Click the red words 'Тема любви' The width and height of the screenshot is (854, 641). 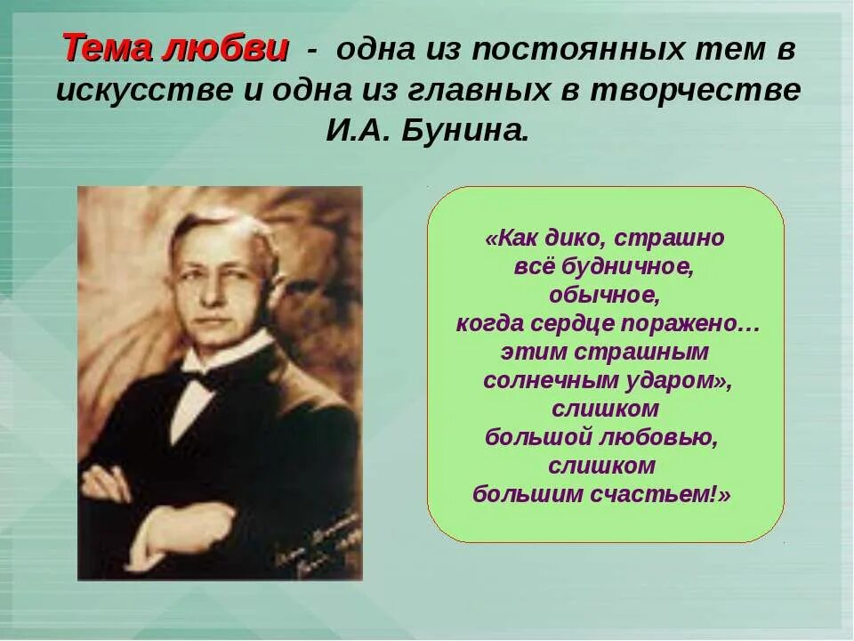click(x=175, y=48)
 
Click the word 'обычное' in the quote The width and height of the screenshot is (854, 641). click(x=605, y=295)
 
